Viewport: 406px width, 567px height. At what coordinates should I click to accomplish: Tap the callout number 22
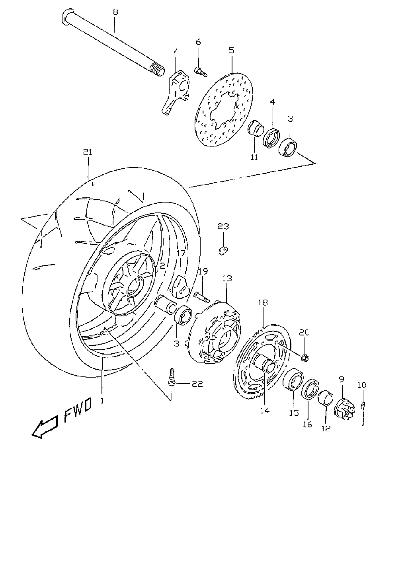pos(197,384)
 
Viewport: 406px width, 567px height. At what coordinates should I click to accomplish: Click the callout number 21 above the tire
pos(88,152)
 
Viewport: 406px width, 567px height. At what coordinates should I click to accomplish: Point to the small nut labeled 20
pos(305,358)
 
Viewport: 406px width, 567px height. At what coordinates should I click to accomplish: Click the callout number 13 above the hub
pos(227,278)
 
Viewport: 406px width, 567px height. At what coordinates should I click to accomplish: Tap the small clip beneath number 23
pos(224,250)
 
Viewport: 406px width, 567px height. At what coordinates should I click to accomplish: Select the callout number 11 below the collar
pos(254,157)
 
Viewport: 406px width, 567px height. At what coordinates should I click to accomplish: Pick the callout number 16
pos(307,424)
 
